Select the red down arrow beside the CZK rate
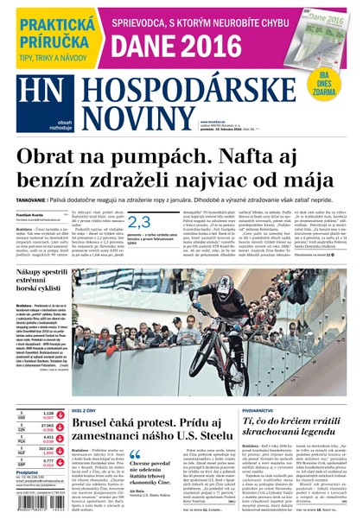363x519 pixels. coord(60,428)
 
